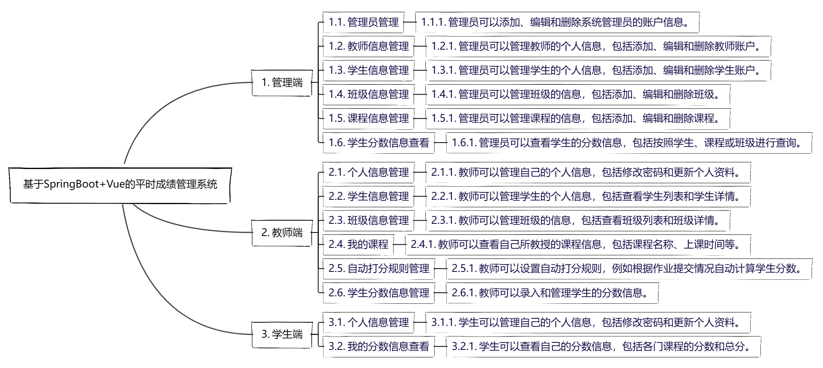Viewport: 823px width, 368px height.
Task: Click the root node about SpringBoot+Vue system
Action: click(120, 185)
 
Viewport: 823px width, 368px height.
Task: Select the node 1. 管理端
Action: click(282, 83)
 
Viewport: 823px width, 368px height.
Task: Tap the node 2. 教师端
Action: click(282, 233)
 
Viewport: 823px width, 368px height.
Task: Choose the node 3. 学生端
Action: click(282, 335)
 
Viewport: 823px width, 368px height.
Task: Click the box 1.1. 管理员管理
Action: click(363, 22)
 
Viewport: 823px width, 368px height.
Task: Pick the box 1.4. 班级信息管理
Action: click(368, 95)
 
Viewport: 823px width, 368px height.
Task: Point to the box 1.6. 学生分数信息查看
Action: click(378, 143)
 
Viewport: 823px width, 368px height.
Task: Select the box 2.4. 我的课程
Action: click(358, 245)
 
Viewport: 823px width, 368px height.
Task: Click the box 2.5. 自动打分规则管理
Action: click(378, 269)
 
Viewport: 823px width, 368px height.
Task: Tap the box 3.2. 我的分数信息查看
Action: click(378, 347)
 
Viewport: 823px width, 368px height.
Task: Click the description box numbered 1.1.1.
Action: click(557, 22)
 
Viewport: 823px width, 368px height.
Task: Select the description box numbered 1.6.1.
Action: click(629, 143)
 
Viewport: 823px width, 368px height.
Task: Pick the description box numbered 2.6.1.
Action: click(552, 293)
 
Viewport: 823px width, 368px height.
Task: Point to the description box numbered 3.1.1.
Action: click(588, 323)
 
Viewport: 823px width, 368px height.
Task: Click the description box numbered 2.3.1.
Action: click(577, 221)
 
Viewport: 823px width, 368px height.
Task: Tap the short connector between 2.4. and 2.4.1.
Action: click(399, 245)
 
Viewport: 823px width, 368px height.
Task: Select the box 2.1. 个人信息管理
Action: click(368, 173)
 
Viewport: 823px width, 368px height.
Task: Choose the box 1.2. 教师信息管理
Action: click(368, 46)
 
